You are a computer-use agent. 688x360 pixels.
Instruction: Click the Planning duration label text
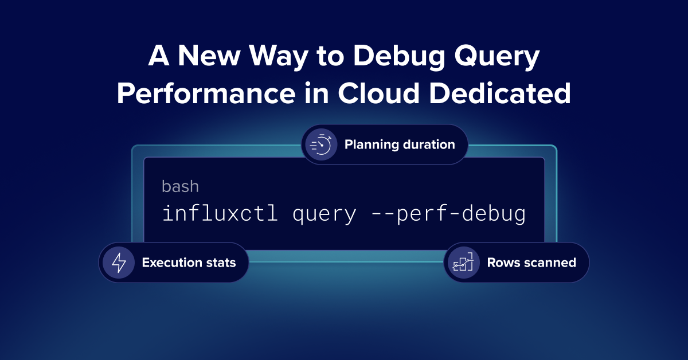tap(400, 144)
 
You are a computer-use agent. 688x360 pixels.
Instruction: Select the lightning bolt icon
tap(119, 263)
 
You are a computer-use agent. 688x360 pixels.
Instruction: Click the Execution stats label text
tap(189, 263)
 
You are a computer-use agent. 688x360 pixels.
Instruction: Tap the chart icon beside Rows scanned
tap(463, 263)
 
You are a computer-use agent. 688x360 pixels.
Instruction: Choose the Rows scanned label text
tap(531, 263)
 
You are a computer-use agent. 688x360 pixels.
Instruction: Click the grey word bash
tap(180, 187)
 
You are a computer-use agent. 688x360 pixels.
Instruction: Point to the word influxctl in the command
tap(220, 214)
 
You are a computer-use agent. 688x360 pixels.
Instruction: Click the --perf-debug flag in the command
tap(448, 214)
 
